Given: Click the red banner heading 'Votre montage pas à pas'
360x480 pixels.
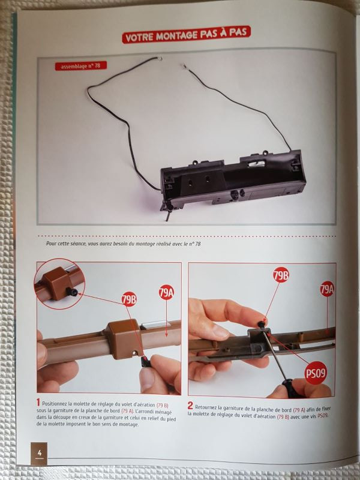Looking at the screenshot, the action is (x=187, y=34).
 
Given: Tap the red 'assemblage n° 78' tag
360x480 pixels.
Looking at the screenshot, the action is (x=81, y=66).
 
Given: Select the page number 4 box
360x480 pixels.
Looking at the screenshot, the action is (x=39, y=454).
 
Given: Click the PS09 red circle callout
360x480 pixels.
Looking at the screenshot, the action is (x=316, y=373).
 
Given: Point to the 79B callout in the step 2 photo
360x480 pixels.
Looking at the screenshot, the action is (x=281, y=275).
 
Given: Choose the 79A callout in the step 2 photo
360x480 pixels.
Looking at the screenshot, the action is (x=326, y=289).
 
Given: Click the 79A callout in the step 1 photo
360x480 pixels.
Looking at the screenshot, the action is (x=166, y=293).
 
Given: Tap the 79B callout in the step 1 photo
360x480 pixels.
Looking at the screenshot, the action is (x=129, y=299).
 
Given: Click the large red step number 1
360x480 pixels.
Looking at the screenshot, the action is (x=38, y=402).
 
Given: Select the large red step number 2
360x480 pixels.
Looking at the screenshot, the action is (x=190, y=406).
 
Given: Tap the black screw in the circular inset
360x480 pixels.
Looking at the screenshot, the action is (x=72, y=292).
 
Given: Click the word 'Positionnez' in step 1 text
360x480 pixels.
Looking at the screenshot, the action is (x=55, y=404).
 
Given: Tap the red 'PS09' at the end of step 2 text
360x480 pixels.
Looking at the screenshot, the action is (x=322, y=416).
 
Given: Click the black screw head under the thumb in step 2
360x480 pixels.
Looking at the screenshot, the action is (x=261, y=324).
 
